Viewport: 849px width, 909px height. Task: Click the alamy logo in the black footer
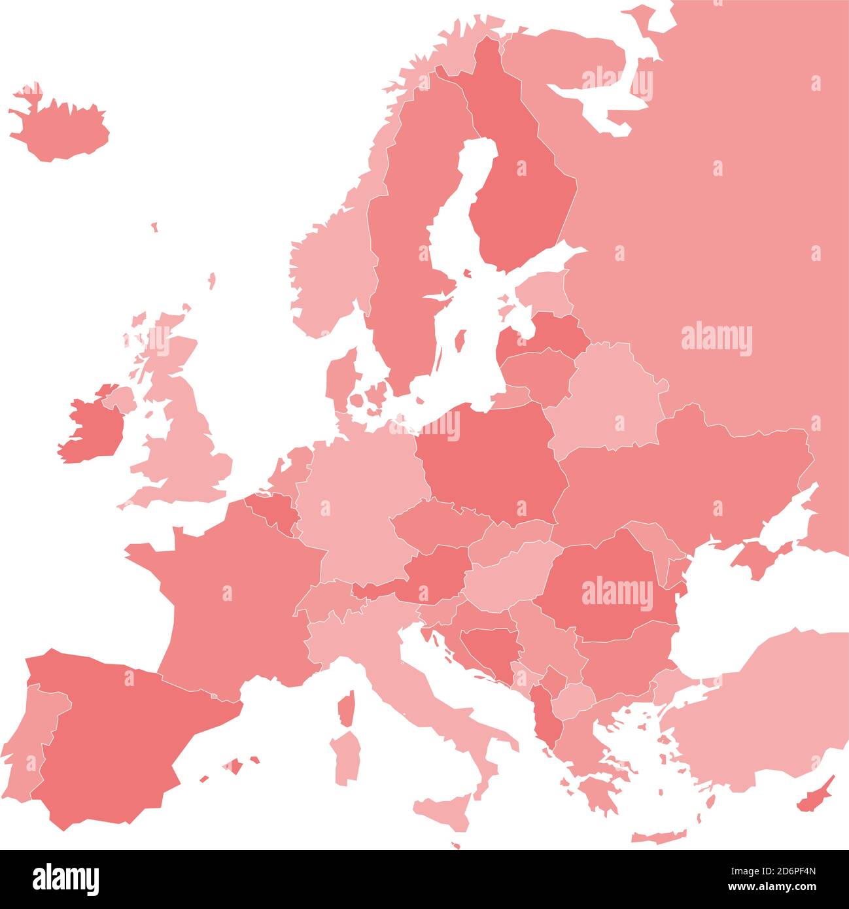pos(65,879)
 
